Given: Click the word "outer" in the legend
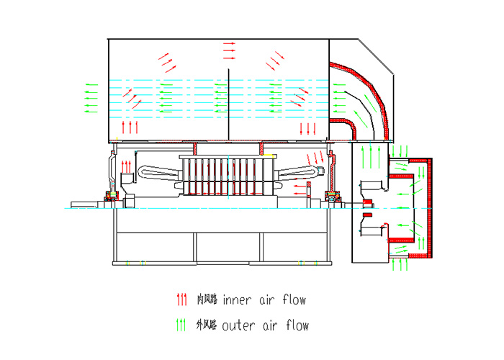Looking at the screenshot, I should (x=239, y=325).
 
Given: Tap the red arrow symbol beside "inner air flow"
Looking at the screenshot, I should (x=181, y=299).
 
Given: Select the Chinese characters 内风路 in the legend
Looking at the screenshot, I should (x=208, y=300).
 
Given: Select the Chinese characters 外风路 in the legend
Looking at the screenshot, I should (x=207, y=325).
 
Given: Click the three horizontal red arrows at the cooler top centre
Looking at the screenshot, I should (x=229, y=50).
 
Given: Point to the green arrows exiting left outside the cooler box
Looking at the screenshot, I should (x=91, y=96).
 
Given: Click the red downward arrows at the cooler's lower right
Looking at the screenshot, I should (x=307, y=129).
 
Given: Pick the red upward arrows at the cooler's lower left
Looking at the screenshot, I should (x=129, y=128).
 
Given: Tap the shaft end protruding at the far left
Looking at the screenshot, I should (x=84, y=204).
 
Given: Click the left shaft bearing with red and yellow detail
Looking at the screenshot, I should (x=112, y=197).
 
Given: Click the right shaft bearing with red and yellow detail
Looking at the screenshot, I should (x=333, y=196).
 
